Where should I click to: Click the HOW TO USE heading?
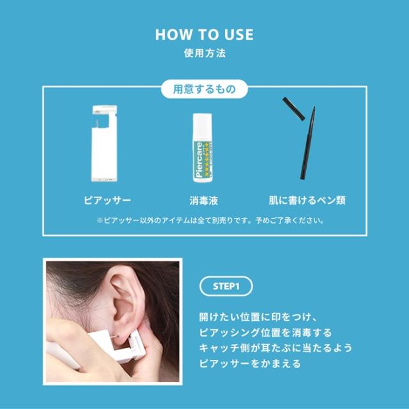[204, 35]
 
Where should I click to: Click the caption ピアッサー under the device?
[106, 200]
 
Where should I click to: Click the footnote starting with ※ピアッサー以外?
[204, 221]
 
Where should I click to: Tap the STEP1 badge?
[226, 285]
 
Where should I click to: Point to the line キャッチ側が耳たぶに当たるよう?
[275, 349]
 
